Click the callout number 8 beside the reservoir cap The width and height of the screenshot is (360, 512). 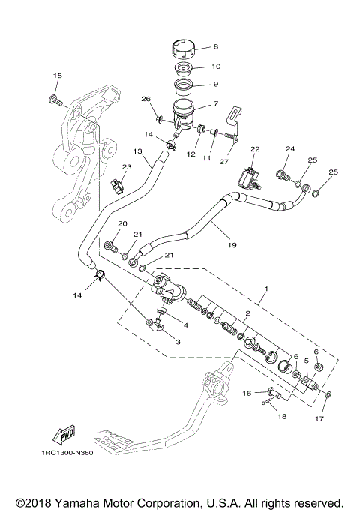click(x=215, y=46)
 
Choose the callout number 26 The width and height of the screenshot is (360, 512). click(x=145, y=100)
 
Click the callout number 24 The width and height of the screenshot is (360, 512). click(x=289, y=149)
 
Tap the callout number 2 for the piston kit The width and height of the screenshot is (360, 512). click(x=247, y=313)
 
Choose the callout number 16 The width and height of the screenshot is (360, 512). click(x=246, y=392)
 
